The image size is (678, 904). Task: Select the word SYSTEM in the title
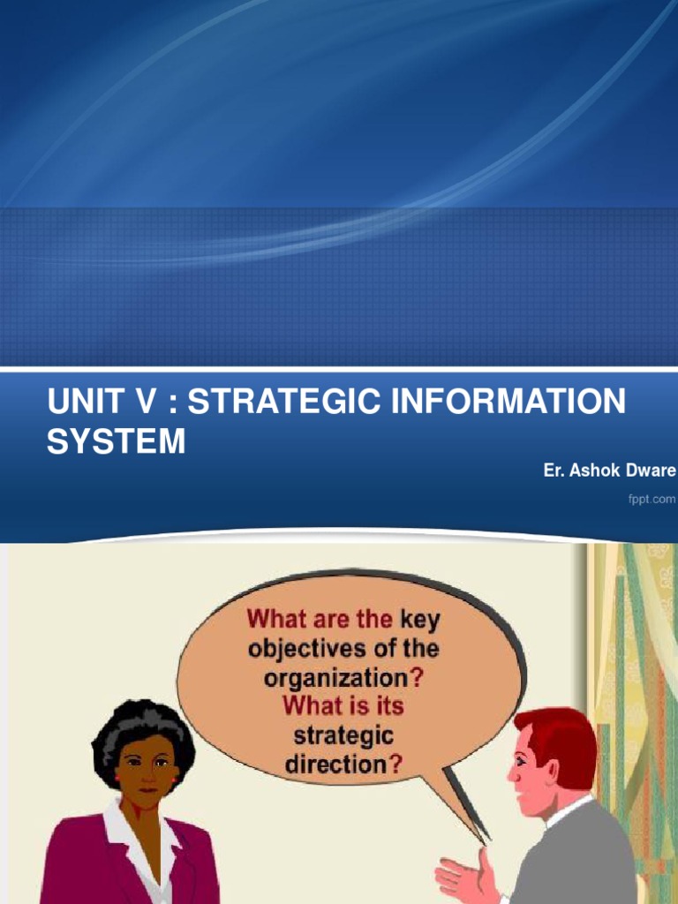point(116,441)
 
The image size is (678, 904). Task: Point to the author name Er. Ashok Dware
point(609,471)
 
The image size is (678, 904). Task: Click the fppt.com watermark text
point(652,499)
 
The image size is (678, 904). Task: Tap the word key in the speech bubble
point(420,619)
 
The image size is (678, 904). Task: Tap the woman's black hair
point(141,724)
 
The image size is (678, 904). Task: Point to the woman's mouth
point(147,778)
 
